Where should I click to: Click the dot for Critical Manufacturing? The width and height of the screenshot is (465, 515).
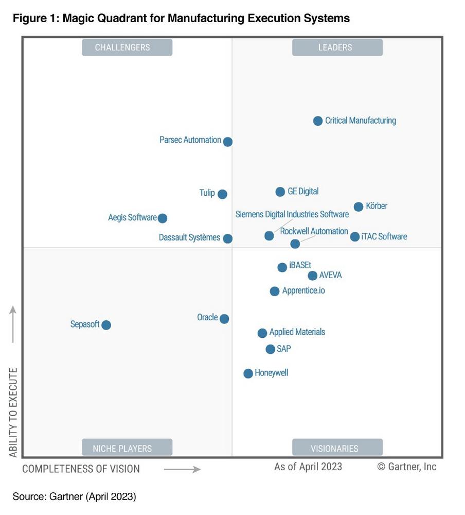318,121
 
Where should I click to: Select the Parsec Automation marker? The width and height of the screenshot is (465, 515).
227,142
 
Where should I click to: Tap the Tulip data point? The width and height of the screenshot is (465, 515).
222,194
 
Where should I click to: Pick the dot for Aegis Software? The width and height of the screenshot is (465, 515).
163,218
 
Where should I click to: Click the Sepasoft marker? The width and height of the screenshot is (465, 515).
106,325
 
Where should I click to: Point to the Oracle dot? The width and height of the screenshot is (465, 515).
224,319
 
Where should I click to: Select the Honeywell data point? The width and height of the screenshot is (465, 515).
248,373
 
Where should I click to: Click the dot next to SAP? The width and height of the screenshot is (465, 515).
270,349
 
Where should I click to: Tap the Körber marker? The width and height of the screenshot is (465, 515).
359,207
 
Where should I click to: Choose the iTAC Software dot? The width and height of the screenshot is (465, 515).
355,237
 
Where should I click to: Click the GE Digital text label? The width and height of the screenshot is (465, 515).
303,192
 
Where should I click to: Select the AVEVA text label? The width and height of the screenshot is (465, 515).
330,276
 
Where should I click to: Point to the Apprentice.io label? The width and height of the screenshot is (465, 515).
303,291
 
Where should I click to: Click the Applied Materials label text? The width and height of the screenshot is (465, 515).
297,332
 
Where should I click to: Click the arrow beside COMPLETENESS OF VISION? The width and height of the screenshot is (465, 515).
182,469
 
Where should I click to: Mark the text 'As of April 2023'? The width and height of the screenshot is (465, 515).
308,467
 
